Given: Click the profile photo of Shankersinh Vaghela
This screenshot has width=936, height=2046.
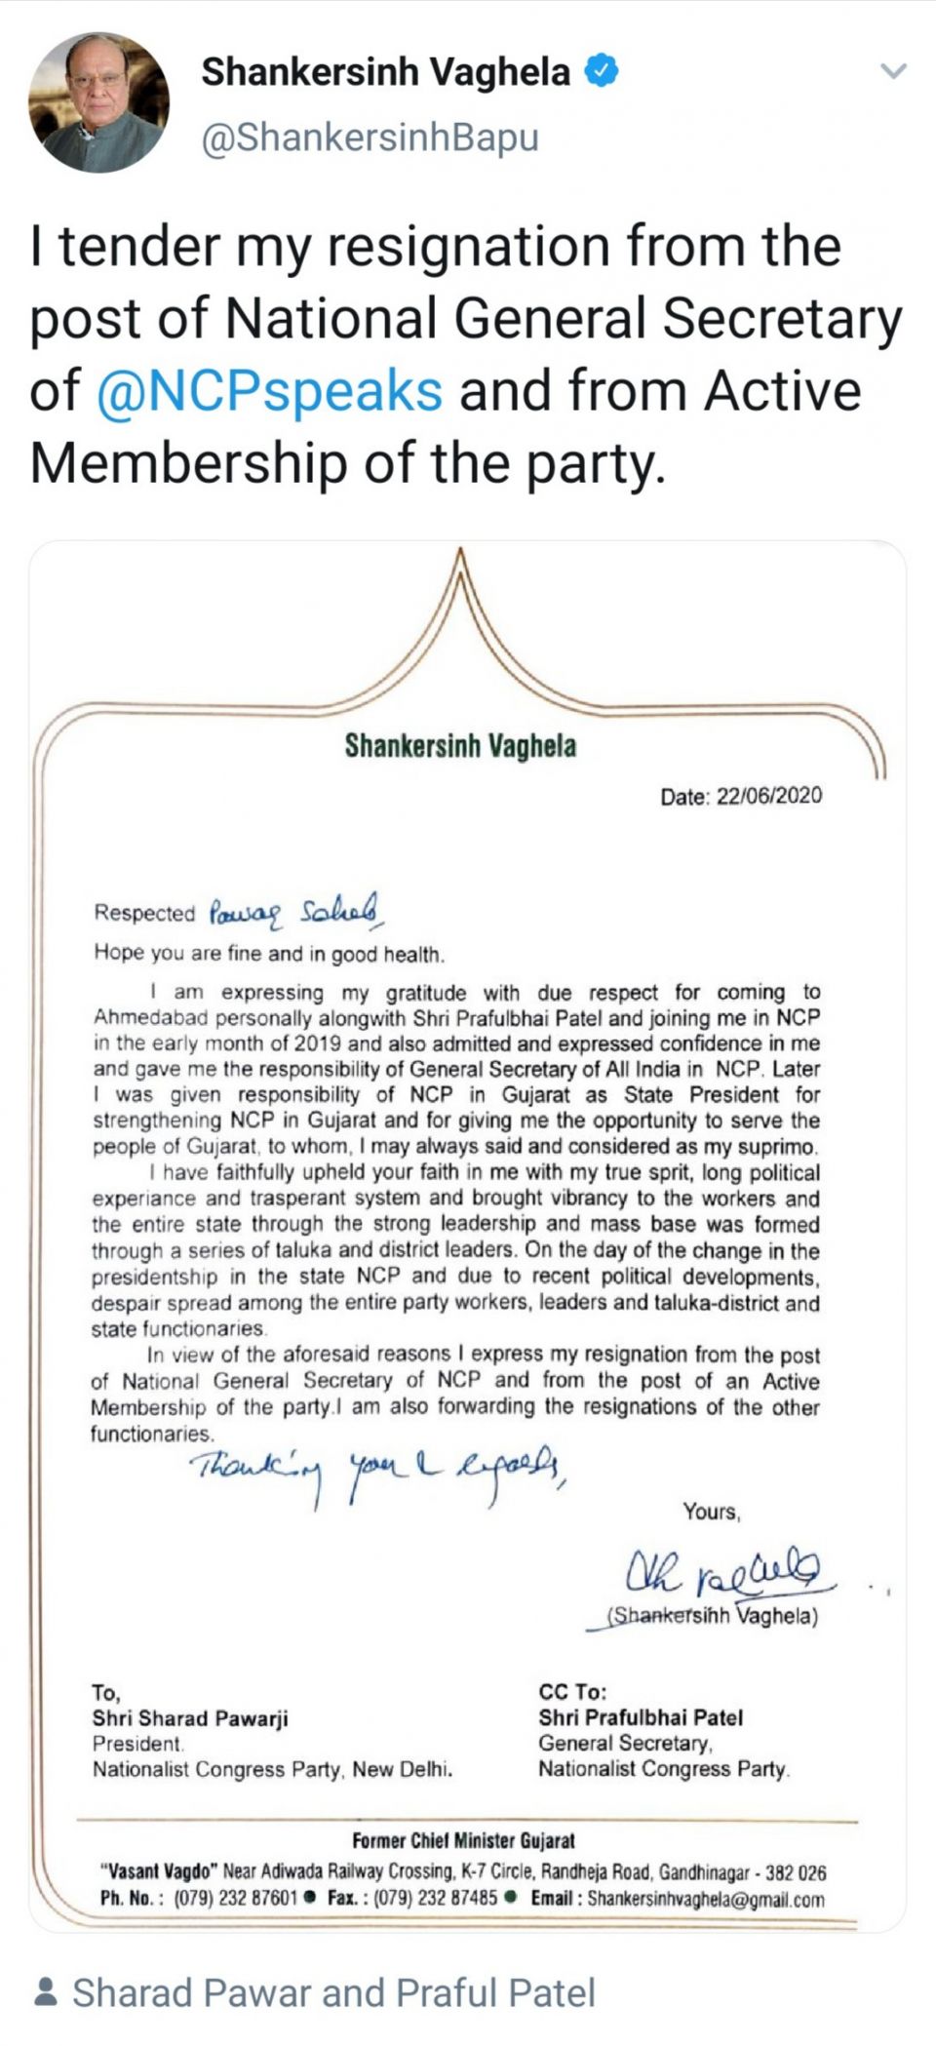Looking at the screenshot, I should [x=98, y=102].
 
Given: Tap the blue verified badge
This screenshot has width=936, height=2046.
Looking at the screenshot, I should [x=601, y=71].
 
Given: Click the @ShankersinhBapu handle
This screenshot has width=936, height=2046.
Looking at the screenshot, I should [x=370, y=138].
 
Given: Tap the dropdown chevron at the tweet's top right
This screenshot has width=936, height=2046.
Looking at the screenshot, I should [x=893, y=71].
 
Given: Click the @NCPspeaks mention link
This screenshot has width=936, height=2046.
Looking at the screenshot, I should [x=270, y=391].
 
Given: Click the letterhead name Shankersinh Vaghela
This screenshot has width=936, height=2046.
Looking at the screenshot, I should [x=459, y=746].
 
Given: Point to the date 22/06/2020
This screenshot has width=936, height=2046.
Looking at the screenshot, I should [x=768, y=796].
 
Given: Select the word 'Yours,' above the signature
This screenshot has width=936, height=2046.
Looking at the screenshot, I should [x=711, y=1512].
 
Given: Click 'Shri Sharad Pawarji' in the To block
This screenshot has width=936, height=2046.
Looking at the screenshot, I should [x=190, y=1718].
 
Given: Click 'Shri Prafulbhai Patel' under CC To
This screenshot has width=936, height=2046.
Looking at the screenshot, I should [x=640, y=1717].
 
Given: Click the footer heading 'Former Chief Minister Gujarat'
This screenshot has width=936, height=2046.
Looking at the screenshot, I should [x=463, y=1841].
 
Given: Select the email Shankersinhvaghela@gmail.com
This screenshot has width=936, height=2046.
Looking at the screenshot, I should [x=705, y=1900].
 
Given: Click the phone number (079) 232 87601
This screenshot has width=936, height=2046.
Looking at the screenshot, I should [x=235, y=1899].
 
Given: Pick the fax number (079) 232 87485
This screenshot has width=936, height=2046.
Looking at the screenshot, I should [x=436, y=1899].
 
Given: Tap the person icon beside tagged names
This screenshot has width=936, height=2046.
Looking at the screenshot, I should [x=45, y=1992].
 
